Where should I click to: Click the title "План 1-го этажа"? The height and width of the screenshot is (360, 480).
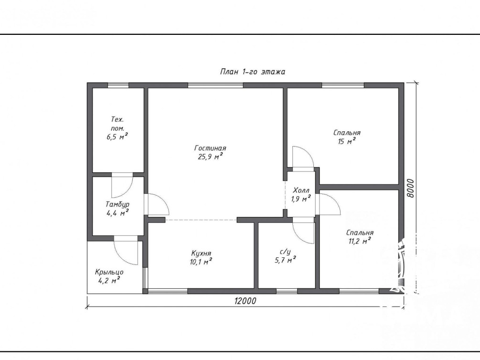[x=253, y=72]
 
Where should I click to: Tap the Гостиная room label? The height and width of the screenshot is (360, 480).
[x=210, y=148]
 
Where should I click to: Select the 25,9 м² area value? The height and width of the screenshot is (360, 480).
[x=210, y=157]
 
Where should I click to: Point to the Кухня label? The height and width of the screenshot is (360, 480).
[x=201, y=254]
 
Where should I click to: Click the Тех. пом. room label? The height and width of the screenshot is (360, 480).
[x=117, y=124]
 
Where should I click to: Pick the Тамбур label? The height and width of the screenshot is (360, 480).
[x=117, y=204]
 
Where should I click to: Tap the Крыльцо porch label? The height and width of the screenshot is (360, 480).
[x=109, y=272]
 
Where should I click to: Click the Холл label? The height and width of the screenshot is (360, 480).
[x=301, y=191]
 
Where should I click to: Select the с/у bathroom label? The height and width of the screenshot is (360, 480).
[x=285, y=252]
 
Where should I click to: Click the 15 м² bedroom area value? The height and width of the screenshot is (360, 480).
[x=347, y=141]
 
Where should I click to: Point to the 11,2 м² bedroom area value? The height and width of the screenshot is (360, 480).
[x=360, y=241]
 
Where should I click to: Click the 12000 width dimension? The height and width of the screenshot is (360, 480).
[x=245, y=301]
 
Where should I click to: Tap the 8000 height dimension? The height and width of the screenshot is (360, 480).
[x=411, y=188]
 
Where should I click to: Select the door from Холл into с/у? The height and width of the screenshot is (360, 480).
[x=303, y=231]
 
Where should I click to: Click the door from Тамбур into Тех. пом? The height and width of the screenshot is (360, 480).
[x=122, y=186]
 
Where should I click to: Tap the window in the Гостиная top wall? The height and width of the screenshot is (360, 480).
[x=215, y=85]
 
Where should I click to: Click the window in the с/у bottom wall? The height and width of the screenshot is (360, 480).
[x=287, y=291]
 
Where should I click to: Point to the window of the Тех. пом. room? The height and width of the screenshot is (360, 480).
[x=118, y=85]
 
